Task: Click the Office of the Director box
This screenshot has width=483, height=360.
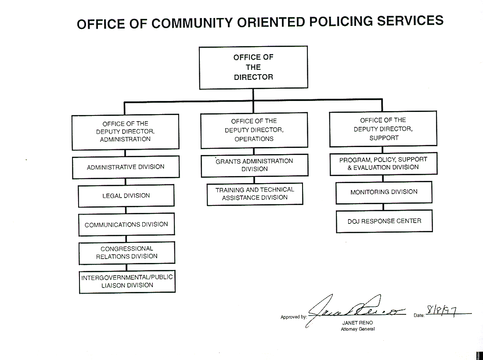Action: pyautogui.click(x=253, y=67)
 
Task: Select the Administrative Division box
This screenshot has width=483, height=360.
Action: pyautogui.click(x=126, y=167)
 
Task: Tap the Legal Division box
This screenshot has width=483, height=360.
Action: pyautogui.click(x=126, y=196)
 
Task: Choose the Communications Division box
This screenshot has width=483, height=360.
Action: pyautogui.click(x=126, y=224)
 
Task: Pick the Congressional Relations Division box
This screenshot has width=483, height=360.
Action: pyautogui.click(x=127, y=252)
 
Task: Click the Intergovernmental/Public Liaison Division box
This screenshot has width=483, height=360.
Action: pyautogui.click(x=127, y=281)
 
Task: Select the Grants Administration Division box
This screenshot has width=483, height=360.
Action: pyautogui.click(x=254, y=165)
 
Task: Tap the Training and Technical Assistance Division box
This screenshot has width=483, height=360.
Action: pyautogui.click(x=255, y=194)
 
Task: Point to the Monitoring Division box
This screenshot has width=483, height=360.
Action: pyautogui.click(x=384, y=192)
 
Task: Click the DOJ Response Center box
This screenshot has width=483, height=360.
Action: pyautogui.click(x=384, y=221)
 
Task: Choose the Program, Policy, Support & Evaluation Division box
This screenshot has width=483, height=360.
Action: pyautogui.click(x=383, y=163)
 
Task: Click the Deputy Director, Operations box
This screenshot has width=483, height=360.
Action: pyautogui.click(x=254, y=130)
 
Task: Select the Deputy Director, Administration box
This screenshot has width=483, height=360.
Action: pyautogui.click(x=126, y=132)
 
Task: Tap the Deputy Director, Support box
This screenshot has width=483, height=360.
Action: pyautogui.click(x=383, y=129)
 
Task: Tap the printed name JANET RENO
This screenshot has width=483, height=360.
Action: pyautogui.click(x=357, y=323)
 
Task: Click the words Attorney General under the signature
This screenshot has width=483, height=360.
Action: pyautogui.click(x=357, y=329)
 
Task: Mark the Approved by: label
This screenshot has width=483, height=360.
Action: pyautogui.click(x=294, y=317)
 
